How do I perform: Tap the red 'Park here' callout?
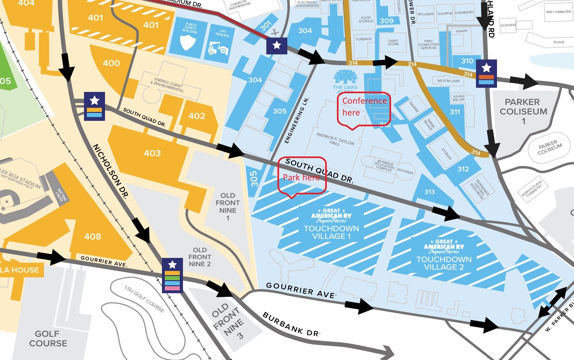[x=302, y=176]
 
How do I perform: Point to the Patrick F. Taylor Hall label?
[x=335, y=139]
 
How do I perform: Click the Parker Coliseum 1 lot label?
[x=523, y=111]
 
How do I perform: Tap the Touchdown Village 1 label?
[x=331, y=232]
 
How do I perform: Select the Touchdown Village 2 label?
[x=444, y=263]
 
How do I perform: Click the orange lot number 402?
[x=197, y=116]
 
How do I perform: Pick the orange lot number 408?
[x=93, y=236]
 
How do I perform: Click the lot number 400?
[x=111, y=63]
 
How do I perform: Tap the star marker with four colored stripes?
[x=172, y=275]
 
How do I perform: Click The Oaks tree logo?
[x=345, y=77]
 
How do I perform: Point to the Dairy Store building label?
[x=393, y=42]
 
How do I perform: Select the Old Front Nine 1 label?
[x=227, y=206]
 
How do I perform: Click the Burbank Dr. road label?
[x=291, y=324]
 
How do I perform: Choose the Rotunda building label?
[x=405, y=171]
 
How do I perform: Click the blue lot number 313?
[x=430, y=192]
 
